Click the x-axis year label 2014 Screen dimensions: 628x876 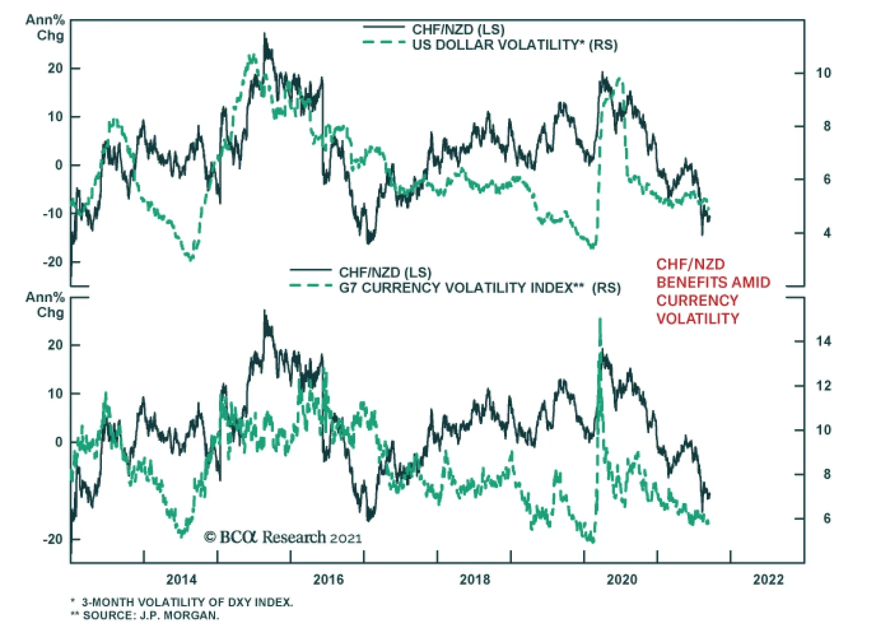point(181,579)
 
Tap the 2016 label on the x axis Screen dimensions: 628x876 point(328,579)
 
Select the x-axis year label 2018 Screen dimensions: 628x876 point(475,579)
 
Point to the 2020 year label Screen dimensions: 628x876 point(621,579)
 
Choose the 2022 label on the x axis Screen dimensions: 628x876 point(768,579)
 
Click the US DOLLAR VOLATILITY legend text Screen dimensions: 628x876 point(515,45)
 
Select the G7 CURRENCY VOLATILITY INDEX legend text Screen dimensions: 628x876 point(480,288)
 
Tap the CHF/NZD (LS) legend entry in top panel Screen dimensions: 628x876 point(458,30)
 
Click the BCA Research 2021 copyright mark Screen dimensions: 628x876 point(283,537)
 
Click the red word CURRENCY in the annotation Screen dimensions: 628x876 point(697,301)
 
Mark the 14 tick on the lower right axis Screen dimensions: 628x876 point(823,341)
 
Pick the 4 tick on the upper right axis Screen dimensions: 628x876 point(827,233)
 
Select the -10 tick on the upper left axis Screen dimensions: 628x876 point(54,214)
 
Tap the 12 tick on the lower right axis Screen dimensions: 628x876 point(823,385)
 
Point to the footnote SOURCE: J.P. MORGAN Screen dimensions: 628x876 point(151,615)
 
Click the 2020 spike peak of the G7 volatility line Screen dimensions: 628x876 point(601,319)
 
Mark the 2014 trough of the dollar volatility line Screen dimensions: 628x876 point(191,258)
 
